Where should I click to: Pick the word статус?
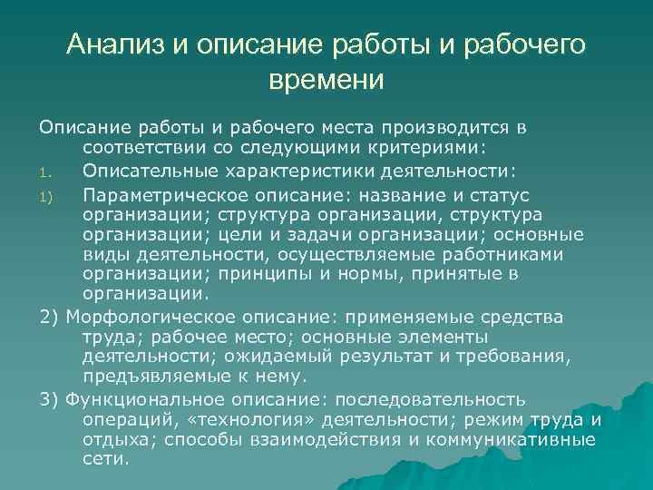pos(500,196)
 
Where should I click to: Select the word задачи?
pos(358,235)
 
